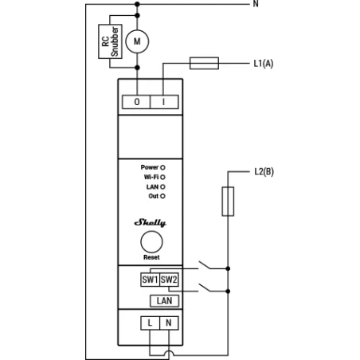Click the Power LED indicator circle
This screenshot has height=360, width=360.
162,168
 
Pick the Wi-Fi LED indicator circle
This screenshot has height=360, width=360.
162,177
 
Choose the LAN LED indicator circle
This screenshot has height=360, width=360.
162,186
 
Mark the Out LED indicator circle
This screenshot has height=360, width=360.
162,195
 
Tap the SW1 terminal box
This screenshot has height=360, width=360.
150,280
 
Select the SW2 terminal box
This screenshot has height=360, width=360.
168,280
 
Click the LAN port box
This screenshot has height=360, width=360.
163,300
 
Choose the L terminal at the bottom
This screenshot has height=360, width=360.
150,323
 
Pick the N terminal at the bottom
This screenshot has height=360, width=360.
168,323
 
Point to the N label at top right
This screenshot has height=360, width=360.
256,4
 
